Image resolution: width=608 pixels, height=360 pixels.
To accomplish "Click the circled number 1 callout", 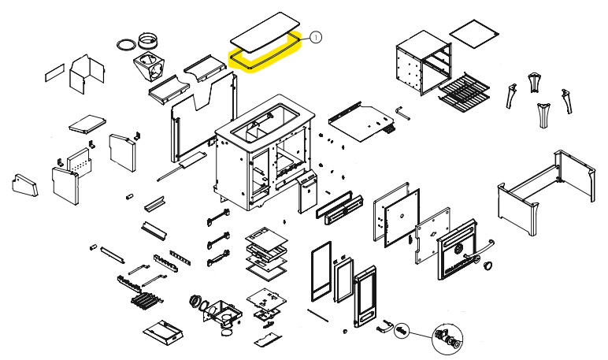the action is [316, 38].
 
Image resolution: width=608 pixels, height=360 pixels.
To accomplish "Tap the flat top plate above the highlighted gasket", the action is [265, 32].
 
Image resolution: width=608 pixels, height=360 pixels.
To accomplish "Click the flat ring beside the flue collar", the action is [127, 44].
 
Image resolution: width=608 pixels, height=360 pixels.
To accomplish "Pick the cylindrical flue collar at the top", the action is [148, 41].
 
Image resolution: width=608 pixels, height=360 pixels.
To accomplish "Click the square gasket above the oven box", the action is [474, 34].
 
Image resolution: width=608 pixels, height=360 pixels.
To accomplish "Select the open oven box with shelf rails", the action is [424, 63].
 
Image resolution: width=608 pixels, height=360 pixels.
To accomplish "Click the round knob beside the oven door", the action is [488, 265].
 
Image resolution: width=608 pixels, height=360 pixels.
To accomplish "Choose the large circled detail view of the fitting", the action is [447, 339].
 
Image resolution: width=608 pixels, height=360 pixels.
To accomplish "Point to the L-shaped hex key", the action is [402, 113].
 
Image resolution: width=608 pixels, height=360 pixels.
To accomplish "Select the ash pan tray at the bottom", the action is [163, 333].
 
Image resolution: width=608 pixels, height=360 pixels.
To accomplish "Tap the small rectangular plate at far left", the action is [54, 72].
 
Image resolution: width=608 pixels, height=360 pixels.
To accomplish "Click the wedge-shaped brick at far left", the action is [25, 185].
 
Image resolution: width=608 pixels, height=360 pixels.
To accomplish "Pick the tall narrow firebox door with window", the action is [365, 296].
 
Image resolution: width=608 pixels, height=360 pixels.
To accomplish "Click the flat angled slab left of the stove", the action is [87, 124].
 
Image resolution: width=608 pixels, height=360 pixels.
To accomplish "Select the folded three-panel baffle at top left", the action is [87, 74].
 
